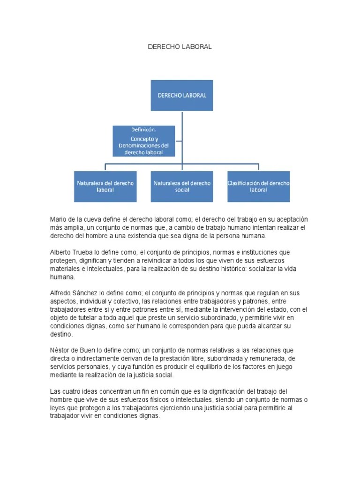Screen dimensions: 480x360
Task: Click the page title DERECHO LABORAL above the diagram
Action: coord(180,47)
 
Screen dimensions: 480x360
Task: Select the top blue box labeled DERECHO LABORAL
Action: coord(181,95)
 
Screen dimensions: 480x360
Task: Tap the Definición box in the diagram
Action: coord(144,141)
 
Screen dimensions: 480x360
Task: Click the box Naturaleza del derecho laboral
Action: coord(105,186)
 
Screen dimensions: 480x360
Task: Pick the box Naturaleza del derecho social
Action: coord(182,186)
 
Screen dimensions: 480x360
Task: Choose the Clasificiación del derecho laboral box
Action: coord(258,186)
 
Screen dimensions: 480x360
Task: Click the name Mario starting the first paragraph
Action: coord(58,219)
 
